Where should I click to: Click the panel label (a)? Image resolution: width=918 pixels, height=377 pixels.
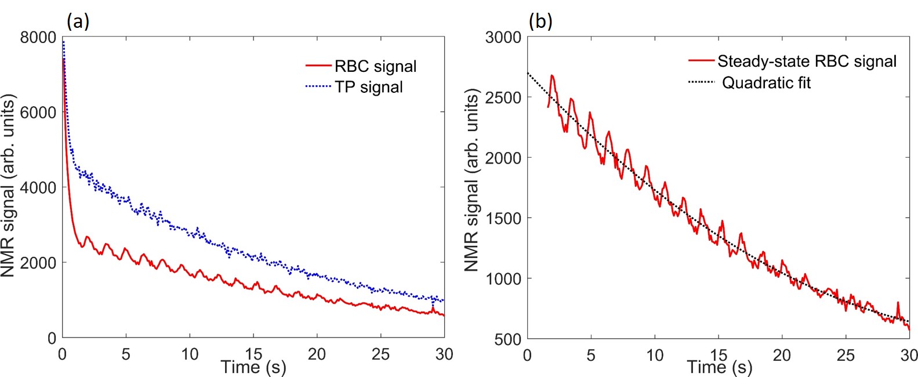(x=78, y=21)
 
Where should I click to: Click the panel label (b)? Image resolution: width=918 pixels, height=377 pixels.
(x=540, y=21)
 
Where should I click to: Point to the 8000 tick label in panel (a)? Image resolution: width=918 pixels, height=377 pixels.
(x=38, y=38)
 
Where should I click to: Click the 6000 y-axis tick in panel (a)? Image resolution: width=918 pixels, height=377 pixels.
(x=38, y=113)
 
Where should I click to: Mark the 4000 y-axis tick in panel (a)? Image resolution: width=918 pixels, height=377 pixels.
(x=38, y=188)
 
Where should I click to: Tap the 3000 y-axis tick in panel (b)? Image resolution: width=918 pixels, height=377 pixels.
(x=503, y=38)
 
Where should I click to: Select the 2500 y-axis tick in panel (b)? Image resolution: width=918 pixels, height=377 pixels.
(x=503, y=97)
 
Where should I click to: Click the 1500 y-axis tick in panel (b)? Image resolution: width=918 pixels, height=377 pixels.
(x=503, y=218)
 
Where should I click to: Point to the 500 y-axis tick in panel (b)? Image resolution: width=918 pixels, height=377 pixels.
(x=507, y=339)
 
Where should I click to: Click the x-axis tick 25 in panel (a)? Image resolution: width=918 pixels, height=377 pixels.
(x=380, y=354)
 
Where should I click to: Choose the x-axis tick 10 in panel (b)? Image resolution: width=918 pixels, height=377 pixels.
(x=655, y=354)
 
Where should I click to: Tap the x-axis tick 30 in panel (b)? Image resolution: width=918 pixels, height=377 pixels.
(x=909, y=354)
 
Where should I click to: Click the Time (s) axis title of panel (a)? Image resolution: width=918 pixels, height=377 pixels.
(x=253, y=367)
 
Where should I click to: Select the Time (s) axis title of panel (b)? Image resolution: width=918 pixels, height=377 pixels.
(x=719, y=367)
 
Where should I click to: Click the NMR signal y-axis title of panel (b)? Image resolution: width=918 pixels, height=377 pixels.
(x=472, y=180)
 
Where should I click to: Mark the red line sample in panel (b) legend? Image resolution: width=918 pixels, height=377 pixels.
(x=701, y=60)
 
